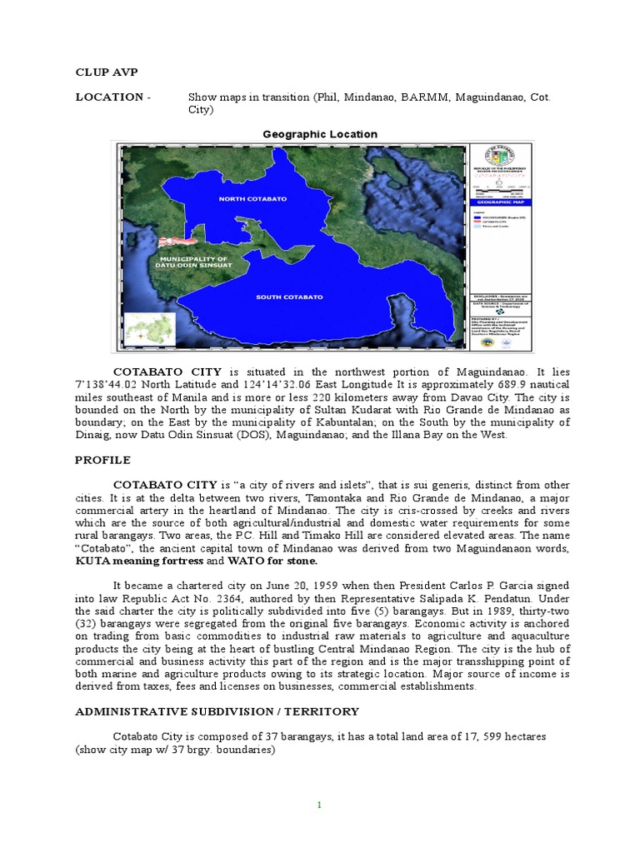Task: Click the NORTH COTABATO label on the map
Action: click(x=252, y=199)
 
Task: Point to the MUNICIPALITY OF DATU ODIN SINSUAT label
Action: click(x=192, y=264)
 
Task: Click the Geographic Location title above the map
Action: click(x=320, y=134)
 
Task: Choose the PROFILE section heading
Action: click(x=102, y=459)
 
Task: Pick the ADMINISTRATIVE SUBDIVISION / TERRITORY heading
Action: click(x=217, y=711)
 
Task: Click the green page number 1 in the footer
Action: click(x=319, y=805)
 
